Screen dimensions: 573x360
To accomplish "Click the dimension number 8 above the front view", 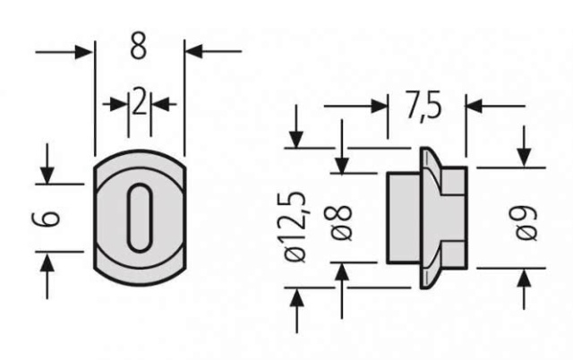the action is tap(139, 46).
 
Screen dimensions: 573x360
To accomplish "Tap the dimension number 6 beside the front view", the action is tap(46, 219).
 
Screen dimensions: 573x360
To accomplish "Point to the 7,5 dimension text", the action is tap(423, 106).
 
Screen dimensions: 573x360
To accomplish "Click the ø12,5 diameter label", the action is tap(295, 227).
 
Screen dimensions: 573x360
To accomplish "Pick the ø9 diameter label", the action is tap(526, 223).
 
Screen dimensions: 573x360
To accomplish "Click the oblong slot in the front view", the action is tap(140, 218).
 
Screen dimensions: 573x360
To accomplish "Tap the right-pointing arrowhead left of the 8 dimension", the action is tap(83, 52).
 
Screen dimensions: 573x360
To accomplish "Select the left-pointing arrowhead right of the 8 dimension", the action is tap(194, 51).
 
